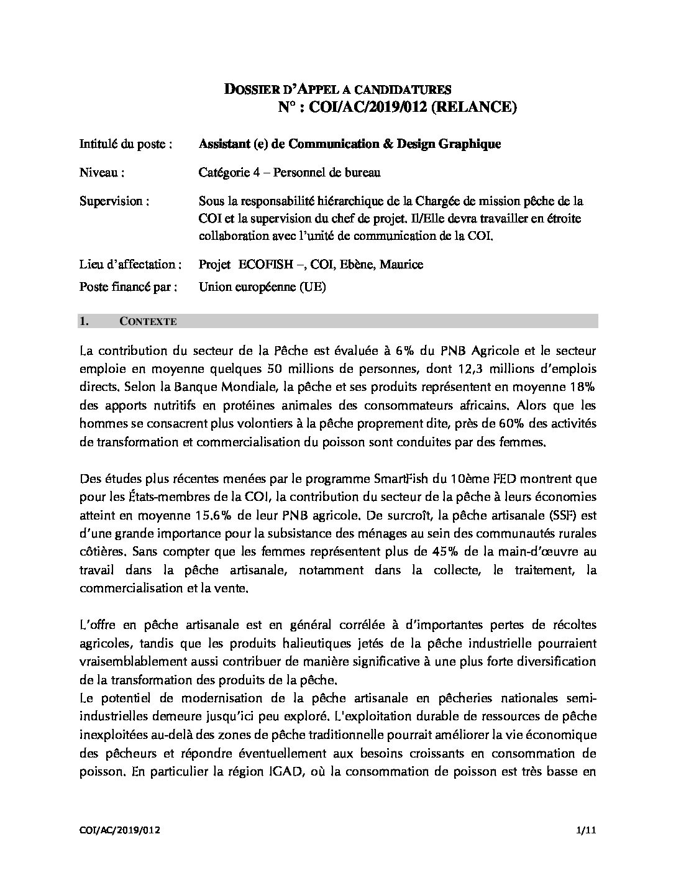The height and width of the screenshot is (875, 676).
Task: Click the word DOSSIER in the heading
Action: coord(249,89)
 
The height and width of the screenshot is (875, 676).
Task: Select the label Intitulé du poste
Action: coord(126,144)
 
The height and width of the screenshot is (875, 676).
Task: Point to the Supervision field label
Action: coord(114,201)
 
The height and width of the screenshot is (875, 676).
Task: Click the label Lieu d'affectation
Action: coord(130,264)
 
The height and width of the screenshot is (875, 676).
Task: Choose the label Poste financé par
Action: coord(128,286)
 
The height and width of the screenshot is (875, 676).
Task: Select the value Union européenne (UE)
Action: coord(262,286)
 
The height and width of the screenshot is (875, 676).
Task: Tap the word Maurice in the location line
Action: coord(401,264)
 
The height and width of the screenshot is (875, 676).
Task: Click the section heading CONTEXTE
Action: coord(148,321)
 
